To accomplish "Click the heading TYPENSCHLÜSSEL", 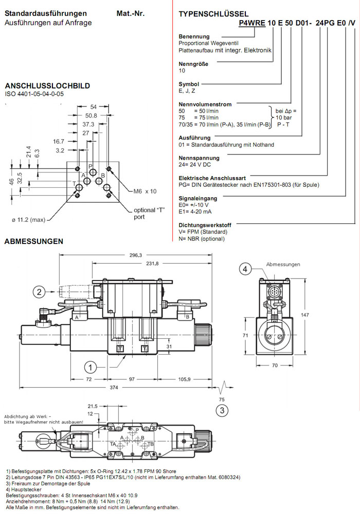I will [x=213, y=14].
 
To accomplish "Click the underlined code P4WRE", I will [x=251, y=24].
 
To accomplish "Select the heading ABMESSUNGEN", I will [x=34, y=241].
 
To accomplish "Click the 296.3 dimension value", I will [x=136, y=255].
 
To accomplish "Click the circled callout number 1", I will [x=91, y=367].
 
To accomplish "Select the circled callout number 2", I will [x=39, y=292].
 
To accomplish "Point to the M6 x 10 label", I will [x=145, y=191].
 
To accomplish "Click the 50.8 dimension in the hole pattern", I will [x=91, y=115].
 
